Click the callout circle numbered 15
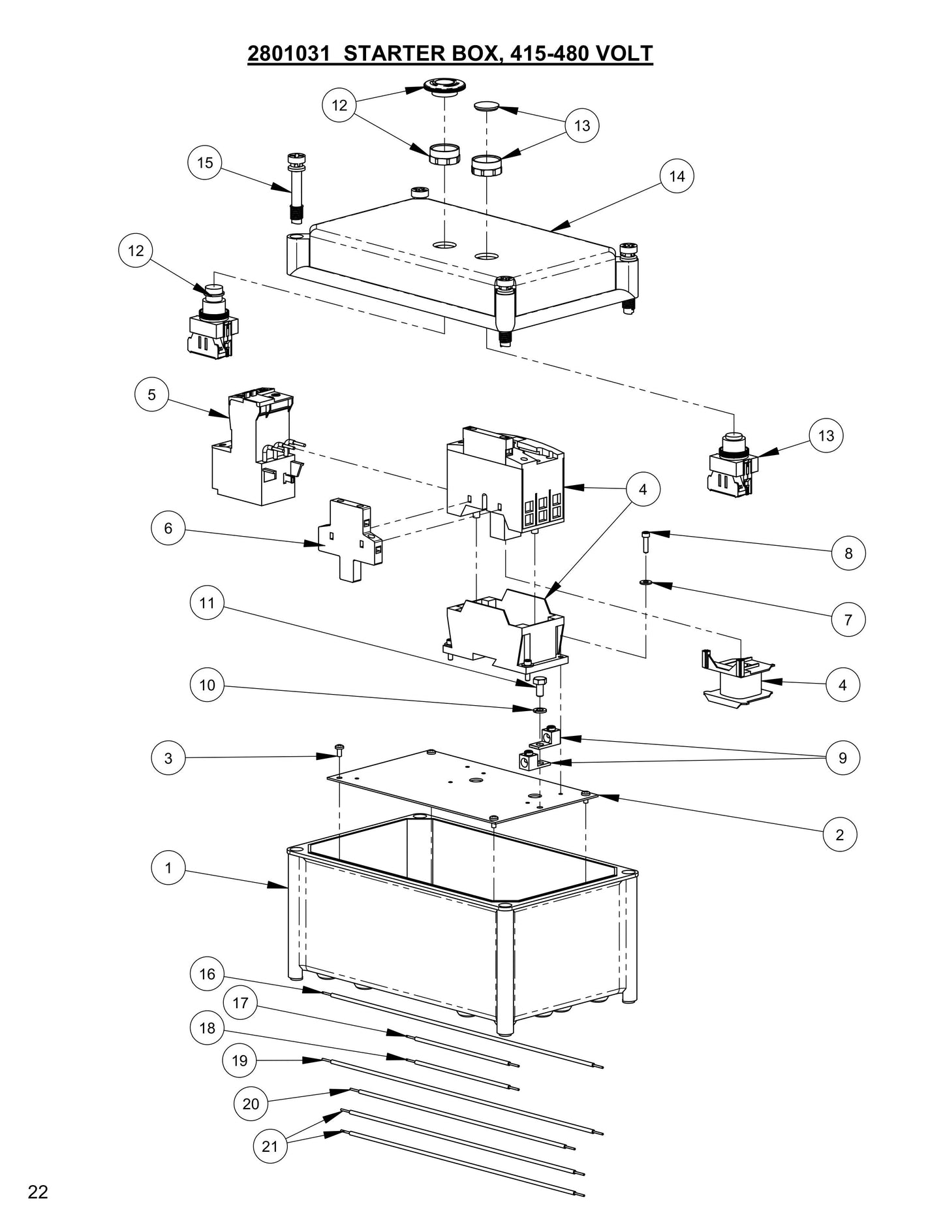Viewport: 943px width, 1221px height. [x=205, y=163]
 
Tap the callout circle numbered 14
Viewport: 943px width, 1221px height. [x=677, y=176]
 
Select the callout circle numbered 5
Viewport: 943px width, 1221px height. [x=151, y=395]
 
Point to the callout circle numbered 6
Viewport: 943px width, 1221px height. [x=168, y=528]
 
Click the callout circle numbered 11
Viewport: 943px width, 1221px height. [x=207, y=603]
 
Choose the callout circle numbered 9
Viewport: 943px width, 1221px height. [x=842, y=758]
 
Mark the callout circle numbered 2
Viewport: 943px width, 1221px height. [x=839, y=834]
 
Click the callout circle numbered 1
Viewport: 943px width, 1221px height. [x=168, y=868]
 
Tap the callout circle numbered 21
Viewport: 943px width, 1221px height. [x=270, y=1147]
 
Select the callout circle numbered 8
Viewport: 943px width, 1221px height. [x=848, y=554]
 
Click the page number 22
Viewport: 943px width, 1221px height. [x=38, y=1192]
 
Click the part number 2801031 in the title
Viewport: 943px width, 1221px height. [x=288, y=54]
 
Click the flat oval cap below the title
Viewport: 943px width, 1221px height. [x=486, y=106]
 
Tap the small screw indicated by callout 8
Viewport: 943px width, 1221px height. [x=645, y=541]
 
